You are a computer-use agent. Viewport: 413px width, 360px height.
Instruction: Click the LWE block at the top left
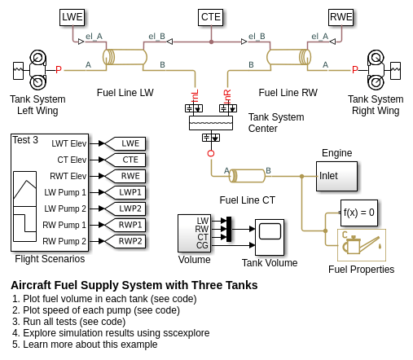[72, 17]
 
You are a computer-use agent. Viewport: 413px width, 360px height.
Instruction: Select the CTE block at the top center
[211, 17]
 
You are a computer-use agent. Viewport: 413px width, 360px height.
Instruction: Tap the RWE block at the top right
[341, 17]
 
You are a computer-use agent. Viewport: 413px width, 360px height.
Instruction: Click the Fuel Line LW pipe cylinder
[125, 57]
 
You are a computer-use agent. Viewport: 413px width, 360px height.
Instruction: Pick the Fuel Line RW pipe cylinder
[288, 57]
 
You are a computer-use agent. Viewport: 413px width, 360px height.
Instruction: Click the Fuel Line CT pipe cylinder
[247, 176]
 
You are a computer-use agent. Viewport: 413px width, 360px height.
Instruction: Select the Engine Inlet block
[336, 176]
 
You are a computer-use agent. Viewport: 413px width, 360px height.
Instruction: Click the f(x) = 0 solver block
[359, 213]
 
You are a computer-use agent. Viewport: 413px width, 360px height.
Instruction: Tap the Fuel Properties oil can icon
[362, 245]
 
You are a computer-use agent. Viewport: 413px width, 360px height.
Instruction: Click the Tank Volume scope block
[270, 237]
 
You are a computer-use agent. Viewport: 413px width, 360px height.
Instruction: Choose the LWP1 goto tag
[125, 192]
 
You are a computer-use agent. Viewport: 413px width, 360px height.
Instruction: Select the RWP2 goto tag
[125, 241]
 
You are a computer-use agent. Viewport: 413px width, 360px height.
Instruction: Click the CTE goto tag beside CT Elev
[125, 160]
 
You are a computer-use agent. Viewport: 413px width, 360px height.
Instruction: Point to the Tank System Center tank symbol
[211, 123]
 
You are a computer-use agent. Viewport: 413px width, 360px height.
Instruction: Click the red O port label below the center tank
[211, 153]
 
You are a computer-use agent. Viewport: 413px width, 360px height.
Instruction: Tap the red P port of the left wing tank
[59, 70]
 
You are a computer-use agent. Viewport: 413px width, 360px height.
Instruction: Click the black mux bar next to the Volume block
[229, 229]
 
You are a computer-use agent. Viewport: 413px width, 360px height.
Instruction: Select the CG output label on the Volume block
[202, 245]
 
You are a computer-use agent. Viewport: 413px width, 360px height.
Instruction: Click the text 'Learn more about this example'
[90, 345]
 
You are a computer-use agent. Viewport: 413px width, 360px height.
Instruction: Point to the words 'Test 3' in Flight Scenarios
[25, 140]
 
